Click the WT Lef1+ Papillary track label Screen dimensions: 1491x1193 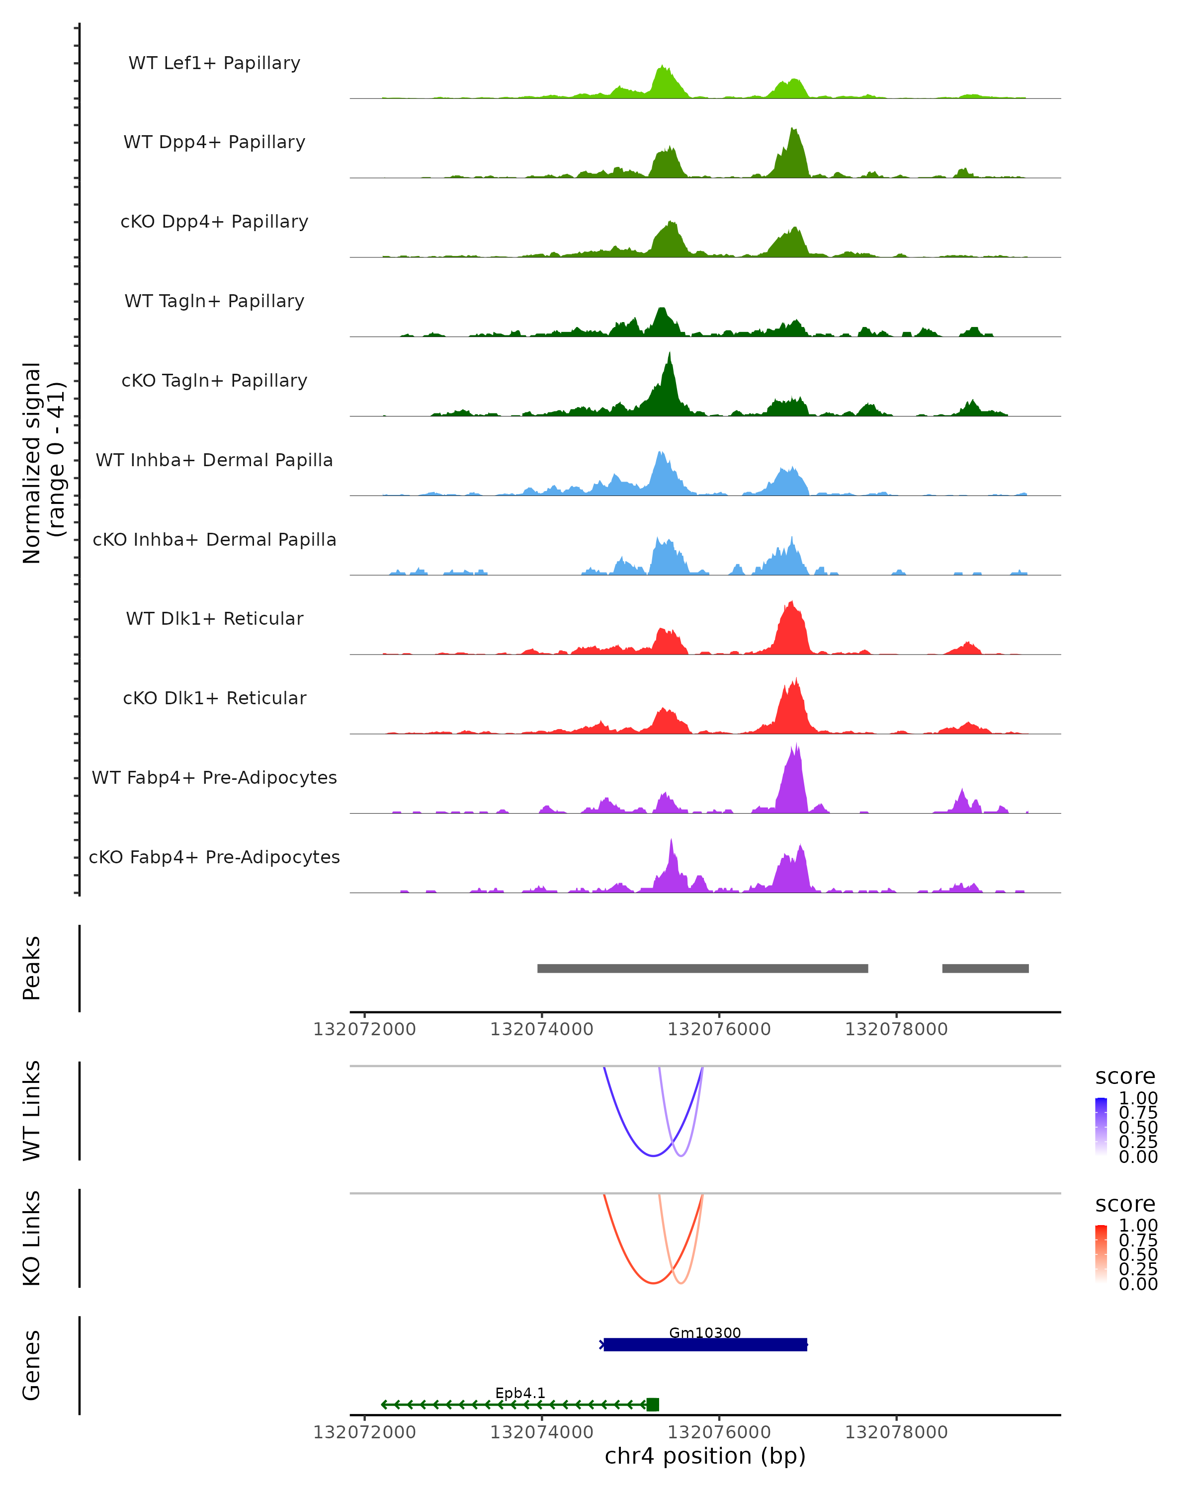click(214, 63)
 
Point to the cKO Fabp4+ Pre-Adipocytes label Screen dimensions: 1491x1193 click(214, 857)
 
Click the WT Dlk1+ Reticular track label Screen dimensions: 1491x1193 click(214, 618)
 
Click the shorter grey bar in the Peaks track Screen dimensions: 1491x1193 click(985, 968)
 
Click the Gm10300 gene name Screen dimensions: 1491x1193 click(705, 1332)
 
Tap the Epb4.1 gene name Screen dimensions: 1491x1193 click(520, 1393)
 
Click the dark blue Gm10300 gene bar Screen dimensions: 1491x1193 click(705, 1345)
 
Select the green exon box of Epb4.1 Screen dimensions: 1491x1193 click(652, 1405)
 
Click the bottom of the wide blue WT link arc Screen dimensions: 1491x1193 click(653, 1156)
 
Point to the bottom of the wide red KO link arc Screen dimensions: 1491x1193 click(653, 1283)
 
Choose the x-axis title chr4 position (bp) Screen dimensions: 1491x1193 click(705, 1456)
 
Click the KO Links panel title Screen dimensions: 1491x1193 click(32, 1238)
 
